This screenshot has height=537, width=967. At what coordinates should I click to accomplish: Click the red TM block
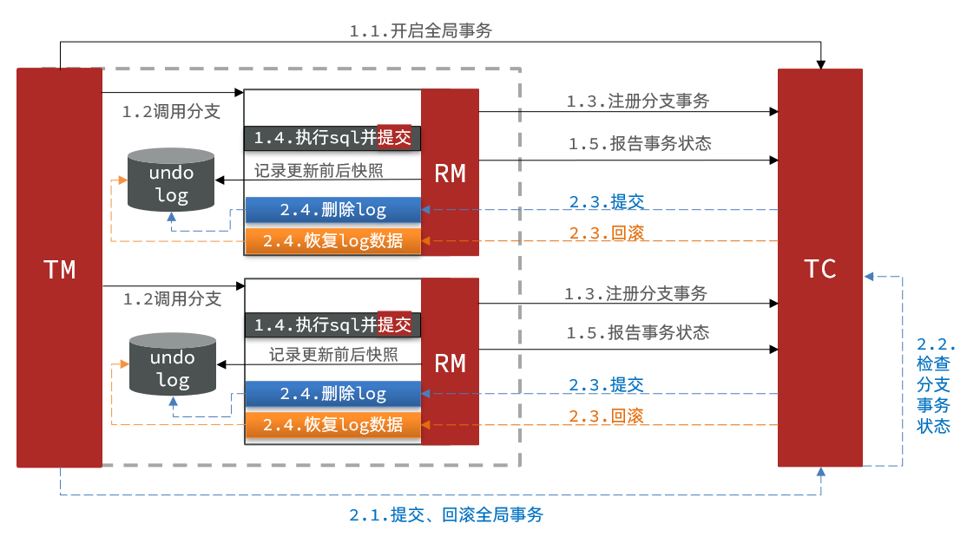(x=59, y=267)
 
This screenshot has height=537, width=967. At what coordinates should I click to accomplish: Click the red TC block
(x=819, y=267)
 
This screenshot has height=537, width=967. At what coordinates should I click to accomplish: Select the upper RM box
(x=451, y=172)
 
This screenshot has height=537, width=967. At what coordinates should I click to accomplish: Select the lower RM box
(x=451, y=361)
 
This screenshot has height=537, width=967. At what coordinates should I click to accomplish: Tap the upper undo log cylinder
(x=171, y=180)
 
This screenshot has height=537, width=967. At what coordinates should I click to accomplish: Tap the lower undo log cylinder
(x=173, y=364)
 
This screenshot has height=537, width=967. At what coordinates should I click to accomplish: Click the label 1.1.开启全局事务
(x=421, y=30)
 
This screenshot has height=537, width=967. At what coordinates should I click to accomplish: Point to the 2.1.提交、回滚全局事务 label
(x=446, y=514)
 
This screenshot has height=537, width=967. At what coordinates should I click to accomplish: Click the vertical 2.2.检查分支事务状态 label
(x=935, y=385)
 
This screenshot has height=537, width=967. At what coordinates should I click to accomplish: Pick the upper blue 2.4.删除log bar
(x=333, y=210)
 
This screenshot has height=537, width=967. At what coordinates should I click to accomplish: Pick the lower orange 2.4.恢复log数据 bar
(x=333, y=425)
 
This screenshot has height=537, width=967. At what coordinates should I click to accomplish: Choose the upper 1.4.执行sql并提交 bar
(x=332, y=137)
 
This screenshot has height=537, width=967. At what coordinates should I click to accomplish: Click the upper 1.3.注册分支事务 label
(x=638, y=101)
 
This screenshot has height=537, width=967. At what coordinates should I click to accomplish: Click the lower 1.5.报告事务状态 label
(x=638, y=332)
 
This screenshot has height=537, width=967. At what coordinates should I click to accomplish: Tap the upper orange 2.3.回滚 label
(x=606, y=233)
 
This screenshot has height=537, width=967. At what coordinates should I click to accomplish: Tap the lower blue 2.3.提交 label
(x=606, y=384)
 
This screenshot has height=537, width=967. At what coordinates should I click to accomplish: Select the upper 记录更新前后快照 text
(x=319, y=170)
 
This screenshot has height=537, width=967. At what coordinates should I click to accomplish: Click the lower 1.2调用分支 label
(x=172, y=298)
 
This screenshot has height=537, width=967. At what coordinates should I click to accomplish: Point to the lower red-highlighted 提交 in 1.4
(x=394, y=324)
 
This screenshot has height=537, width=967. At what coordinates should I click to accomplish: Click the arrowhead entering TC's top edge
(x=821, y=65)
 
